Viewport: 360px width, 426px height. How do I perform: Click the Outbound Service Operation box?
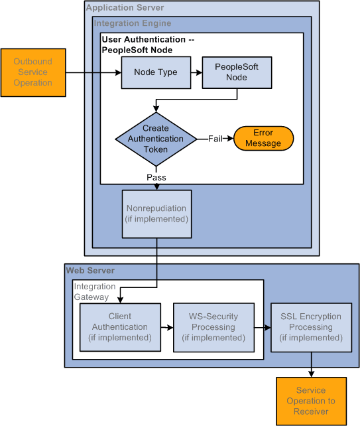[33, 72]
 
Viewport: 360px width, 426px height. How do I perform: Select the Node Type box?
[155, 72]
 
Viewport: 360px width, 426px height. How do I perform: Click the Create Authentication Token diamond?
[155, 139]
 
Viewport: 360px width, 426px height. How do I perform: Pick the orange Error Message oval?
[263, 139]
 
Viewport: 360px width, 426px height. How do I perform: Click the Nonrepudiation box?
[156, 214]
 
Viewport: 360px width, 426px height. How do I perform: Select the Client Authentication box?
[120, 327]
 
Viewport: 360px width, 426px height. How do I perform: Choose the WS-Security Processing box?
[213, 327]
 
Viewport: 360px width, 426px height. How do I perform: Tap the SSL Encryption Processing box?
[311, 327]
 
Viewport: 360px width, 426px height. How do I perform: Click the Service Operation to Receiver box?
[311, 401]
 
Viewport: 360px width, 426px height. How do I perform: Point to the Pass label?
[156, 178]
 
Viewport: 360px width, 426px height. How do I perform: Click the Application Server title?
[125, 8]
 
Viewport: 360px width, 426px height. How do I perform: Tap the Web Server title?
[90, 270]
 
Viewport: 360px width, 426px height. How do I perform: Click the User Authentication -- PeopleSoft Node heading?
[147, 45]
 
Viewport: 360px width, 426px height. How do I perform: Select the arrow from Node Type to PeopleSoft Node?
[196, 72]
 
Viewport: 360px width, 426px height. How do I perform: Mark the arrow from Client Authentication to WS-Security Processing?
[167, 327]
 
